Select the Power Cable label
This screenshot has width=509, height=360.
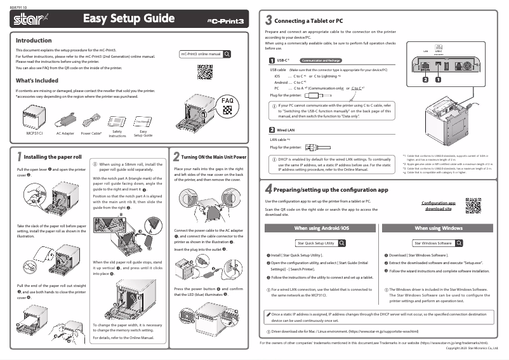pyautogui.click(x=92, y=135)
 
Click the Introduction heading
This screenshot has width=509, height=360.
pyautogui.click(x=33, y=41)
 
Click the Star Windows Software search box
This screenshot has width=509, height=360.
pyautogui.click(x=438, y=243)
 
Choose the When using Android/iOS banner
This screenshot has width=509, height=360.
pyautogui.click(x=321, y=228)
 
